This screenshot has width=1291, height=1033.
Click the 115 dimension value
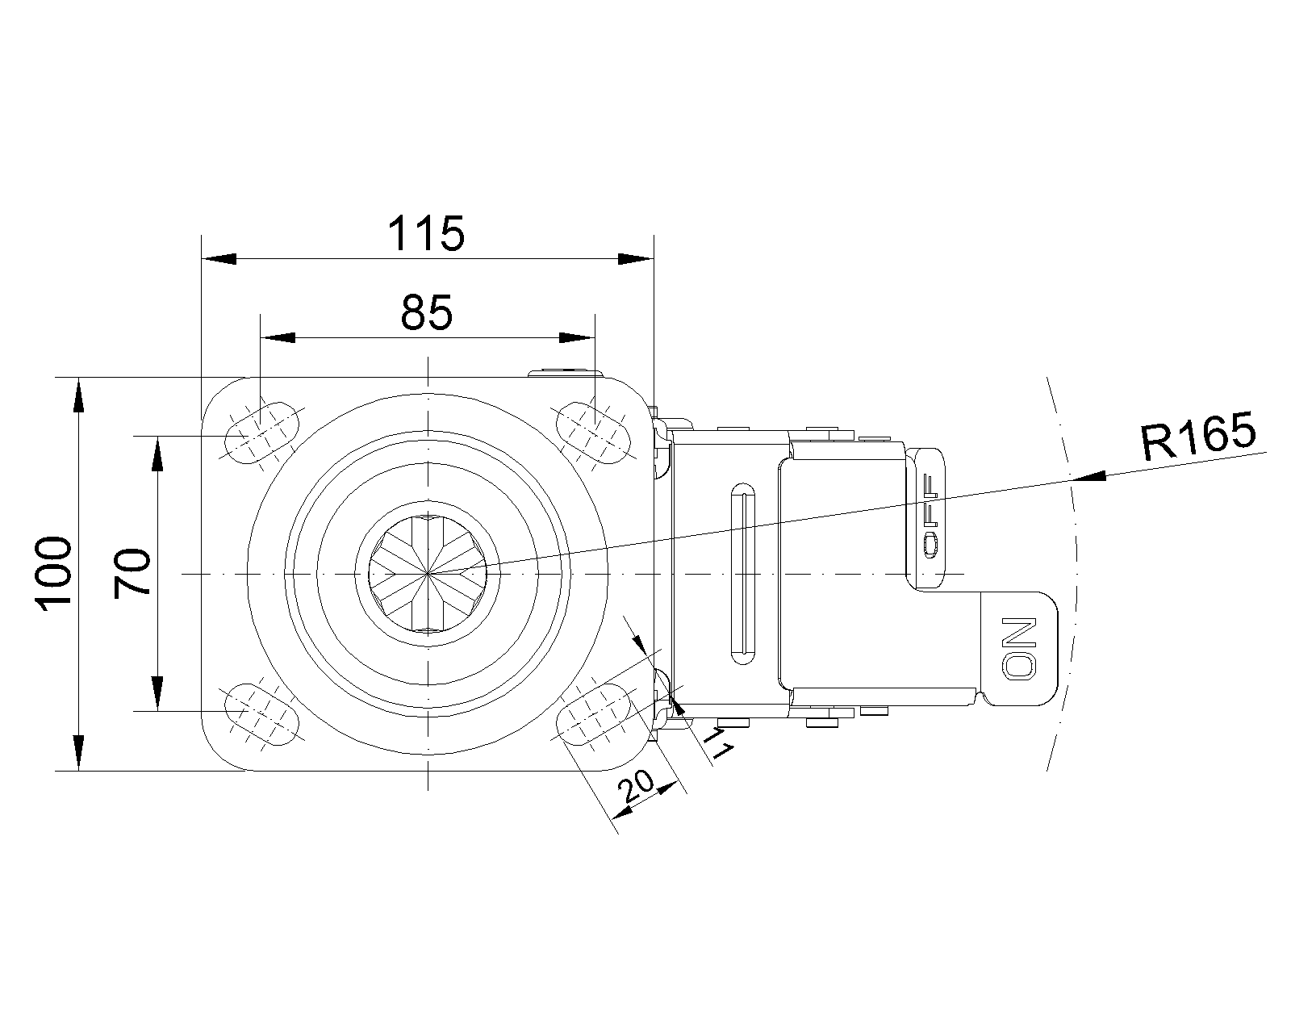[426, 233]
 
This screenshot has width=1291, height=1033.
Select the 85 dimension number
[427, 312]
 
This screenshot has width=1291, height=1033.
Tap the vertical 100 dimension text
[55, 574]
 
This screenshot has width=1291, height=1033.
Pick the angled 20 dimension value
[637, 786]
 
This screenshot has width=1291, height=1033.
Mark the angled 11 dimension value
[718, 743]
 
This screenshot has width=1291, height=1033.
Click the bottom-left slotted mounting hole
[261, 714]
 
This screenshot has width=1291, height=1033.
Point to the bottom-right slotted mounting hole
[595, 714]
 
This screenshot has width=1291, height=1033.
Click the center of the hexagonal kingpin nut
[428, 574]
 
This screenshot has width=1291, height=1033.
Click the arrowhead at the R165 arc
[1088, 477]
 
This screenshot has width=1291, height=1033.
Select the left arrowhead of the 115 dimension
[219, 259]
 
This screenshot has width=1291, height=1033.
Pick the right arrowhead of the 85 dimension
[576, 337]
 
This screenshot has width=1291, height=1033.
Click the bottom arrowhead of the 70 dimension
[157, 694]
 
